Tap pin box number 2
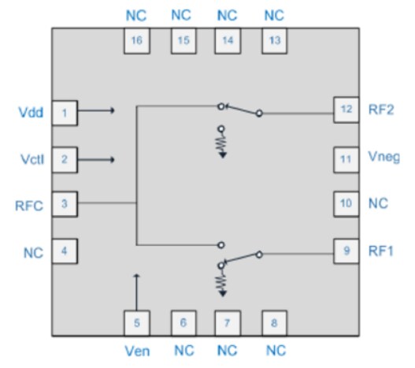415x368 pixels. (65, 160)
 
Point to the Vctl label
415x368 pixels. (31, 160)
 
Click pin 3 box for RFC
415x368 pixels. (65, 204)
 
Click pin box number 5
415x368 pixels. (137, 322)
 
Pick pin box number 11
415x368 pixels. (346, 158)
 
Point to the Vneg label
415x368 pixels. (384, 158)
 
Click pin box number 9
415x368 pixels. (346, 253)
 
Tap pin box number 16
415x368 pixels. (137, 41)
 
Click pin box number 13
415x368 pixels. (274, 41)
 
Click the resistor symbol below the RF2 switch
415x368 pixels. (221, 143)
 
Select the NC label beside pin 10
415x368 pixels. (380, 204)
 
